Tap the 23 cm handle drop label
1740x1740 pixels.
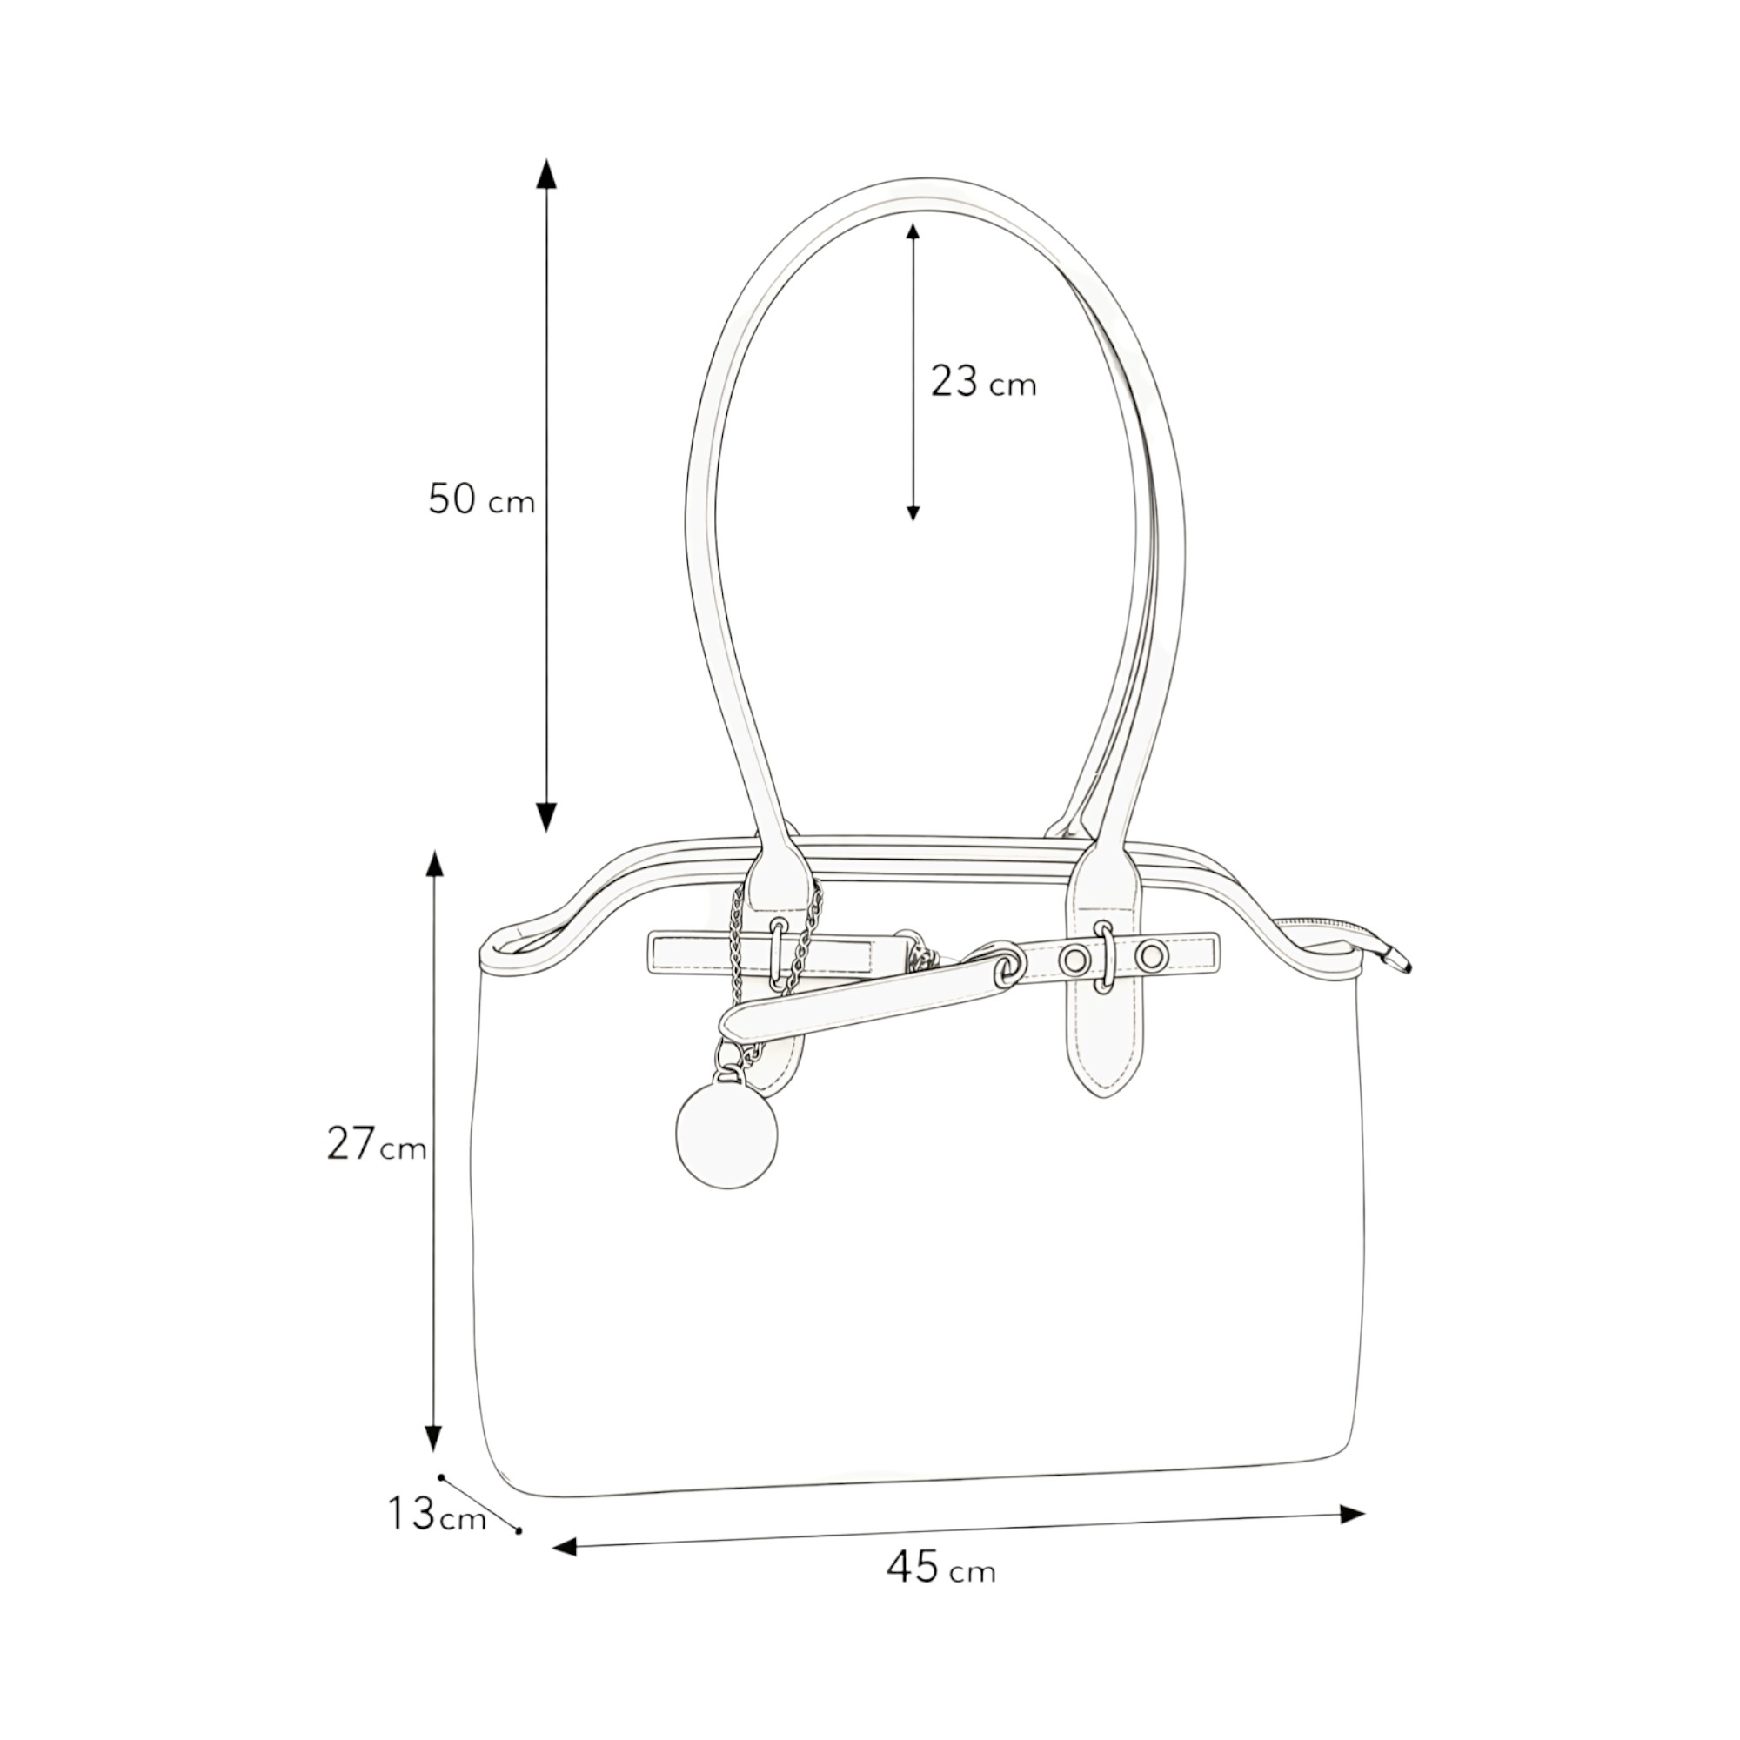tap(983, 382)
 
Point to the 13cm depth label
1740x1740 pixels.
tap(437, 1513)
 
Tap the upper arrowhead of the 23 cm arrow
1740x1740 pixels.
tap(913, 231)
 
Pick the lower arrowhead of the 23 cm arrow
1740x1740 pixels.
tap(913, 513)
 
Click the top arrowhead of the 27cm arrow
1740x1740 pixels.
tap(435, 864)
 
